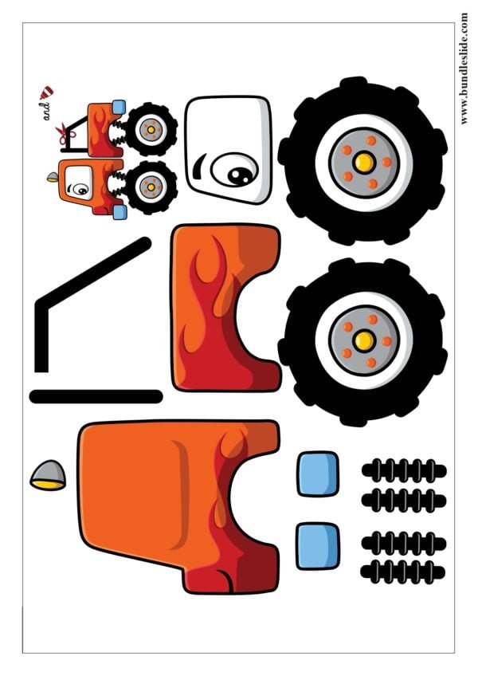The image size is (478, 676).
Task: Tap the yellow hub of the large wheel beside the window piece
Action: tap(364, 163)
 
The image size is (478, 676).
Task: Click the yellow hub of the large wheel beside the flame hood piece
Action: tap(364, 341)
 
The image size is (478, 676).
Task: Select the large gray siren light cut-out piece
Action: tap(48, 475)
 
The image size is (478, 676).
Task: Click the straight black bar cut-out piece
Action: tap(96, 396)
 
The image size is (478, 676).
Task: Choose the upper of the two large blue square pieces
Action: tap(318, 474)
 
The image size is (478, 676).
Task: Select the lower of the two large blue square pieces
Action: tap(318, 546)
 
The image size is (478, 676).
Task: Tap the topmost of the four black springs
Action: tap(404, 470)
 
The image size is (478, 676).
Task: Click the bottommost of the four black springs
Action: tap(402, 572)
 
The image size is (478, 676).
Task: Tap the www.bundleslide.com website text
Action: tap(464, 69)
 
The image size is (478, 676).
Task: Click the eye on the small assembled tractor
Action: tap(80, 188)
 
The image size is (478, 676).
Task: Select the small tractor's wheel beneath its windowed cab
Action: tap(151, 187)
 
